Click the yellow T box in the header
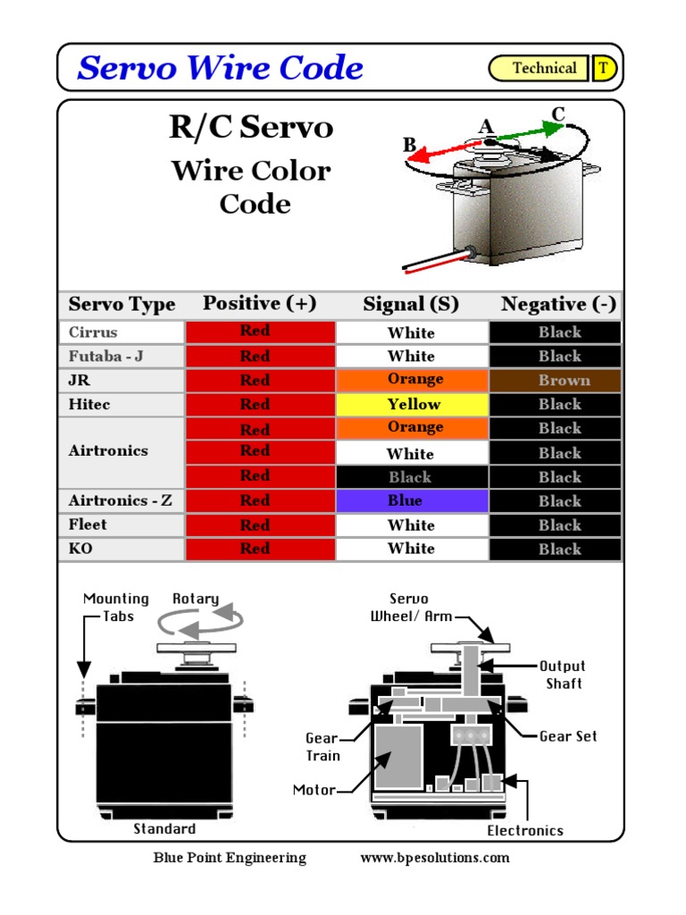coord(604,69)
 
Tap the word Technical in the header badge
coord(544,69)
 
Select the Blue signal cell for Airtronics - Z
coord(412,500)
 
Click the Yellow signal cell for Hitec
coord(412,404)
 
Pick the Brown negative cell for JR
coord(555,380)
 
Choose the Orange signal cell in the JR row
coord(412,380)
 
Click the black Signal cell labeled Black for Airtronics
coord(412,477)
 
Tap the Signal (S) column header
coord(411,305)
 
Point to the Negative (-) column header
coord(558,305)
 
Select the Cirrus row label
coord(93,332)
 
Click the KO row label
coord(80,549)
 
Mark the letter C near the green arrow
coord(558,114)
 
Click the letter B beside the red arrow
coord(409,145)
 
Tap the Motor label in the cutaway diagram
coord(314,790)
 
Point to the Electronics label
coord(525,831)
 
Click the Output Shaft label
coord(563,675)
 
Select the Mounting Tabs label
coord(116,608)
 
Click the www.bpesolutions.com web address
coord(435,858)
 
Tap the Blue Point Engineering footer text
coord(230,858)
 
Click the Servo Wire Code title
coord(220,69)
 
